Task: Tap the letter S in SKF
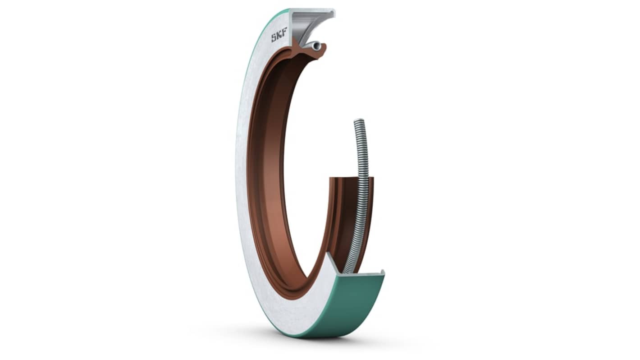(x=273, y=38)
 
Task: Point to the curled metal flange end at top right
(x=331, y=13)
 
